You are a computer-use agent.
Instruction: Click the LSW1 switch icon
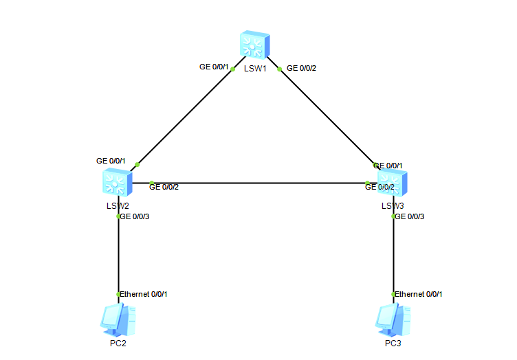point(255,45)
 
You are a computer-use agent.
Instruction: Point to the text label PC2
point(118,344)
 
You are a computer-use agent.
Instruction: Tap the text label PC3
point(393,344)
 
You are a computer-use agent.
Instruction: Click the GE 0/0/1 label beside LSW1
point(213,67)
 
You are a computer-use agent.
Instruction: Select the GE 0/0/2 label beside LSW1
point(301,68)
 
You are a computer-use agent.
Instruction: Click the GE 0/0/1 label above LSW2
point(111,161)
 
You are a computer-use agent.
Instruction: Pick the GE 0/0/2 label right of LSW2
point(164,187)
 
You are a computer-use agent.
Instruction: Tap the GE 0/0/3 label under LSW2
point(134,216)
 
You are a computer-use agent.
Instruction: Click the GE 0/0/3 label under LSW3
point(409,216)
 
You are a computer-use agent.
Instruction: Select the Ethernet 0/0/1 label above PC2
point(143,294)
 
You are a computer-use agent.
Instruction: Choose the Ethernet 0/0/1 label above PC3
point(418,294)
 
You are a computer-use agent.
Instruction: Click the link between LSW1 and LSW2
point(186,117)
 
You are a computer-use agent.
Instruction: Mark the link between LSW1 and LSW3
point(327,117)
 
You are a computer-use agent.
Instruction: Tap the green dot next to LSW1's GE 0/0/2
point(278,69)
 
